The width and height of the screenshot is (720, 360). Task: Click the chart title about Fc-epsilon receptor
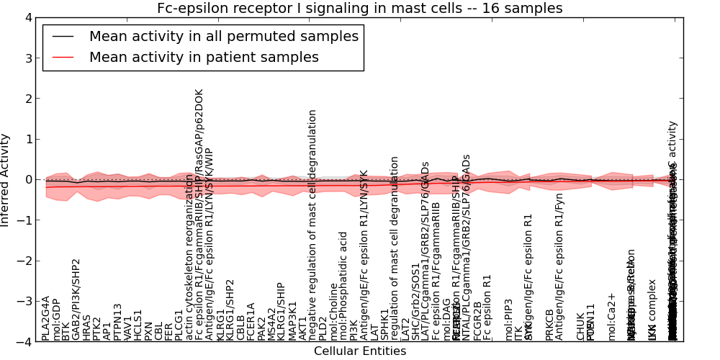360,9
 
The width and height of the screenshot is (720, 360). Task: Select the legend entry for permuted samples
223,36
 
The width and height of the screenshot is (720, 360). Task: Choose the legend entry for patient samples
204,57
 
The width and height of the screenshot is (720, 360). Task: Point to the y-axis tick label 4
27,17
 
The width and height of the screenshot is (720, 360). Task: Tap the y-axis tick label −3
24,301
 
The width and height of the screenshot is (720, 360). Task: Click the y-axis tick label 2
27,99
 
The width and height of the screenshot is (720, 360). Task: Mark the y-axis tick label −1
24,220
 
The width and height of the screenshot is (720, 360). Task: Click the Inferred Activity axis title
6,180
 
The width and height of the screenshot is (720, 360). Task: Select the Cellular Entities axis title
360,351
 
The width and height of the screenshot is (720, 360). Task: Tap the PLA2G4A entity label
46,318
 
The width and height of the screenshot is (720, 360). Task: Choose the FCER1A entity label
251,321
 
